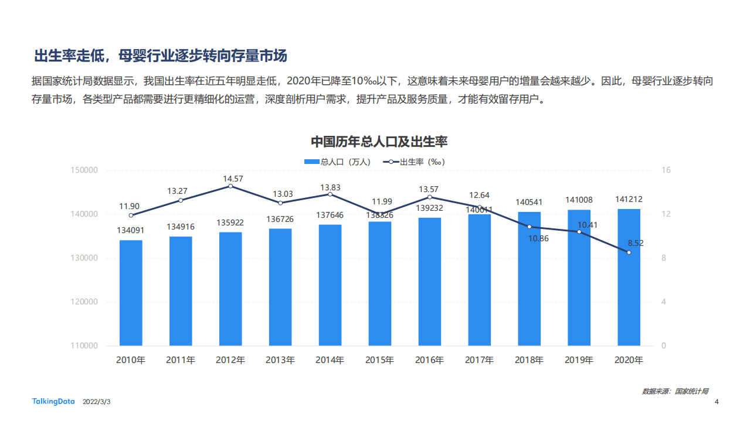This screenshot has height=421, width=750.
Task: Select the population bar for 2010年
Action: click(x=131, y=293)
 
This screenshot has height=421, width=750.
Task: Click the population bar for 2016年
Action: click(x=430, y=282)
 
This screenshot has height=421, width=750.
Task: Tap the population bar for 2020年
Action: click(x=629, y=278)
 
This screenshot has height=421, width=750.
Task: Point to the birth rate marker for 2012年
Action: click(x=230, y=186)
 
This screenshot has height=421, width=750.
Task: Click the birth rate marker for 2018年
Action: click(x=530, y=227)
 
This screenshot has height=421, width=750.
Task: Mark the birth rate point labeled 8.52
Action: click(x=629, y=252)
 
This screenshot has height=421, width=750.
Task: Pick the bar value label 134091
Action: click(x=131, y=231)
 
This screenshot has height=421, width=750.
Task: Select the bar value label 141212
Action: click(x=629, y=199)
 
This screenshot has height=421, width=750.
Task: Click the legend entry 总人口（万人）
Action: click(x=337, y=162)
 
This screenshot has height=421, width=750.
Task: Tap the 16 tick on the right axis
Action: click(x=666, y=170)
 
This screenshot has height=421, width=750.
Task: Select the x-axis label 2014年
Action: click(x=330, y=360)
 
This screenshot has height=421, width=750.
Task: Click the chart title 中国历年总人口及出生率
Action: click(x=379, y=142)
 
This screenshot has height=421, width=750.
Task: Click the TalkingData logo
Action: click(x=53, y=402)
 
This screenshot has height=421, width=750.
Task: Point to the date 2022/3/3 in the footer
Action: click(x=97, y=402)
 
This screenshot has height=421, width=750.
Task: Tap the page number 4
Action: click(x=717, y=402)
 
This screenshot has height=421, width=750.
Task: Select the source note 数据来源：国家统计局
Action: click(x=675, y=391)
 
